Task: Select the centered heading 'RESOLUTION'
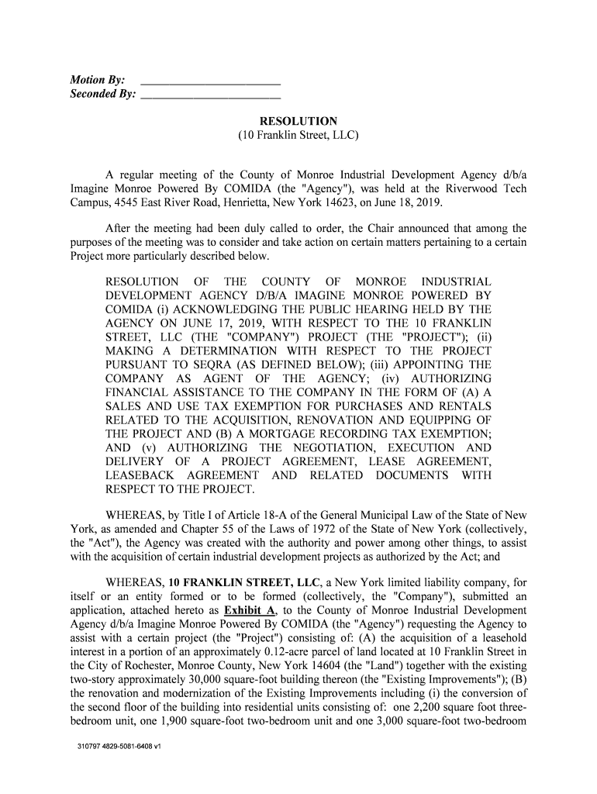[x=298, y=121]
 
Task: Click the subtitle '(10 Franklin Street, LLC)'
[x=298, y=135]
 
